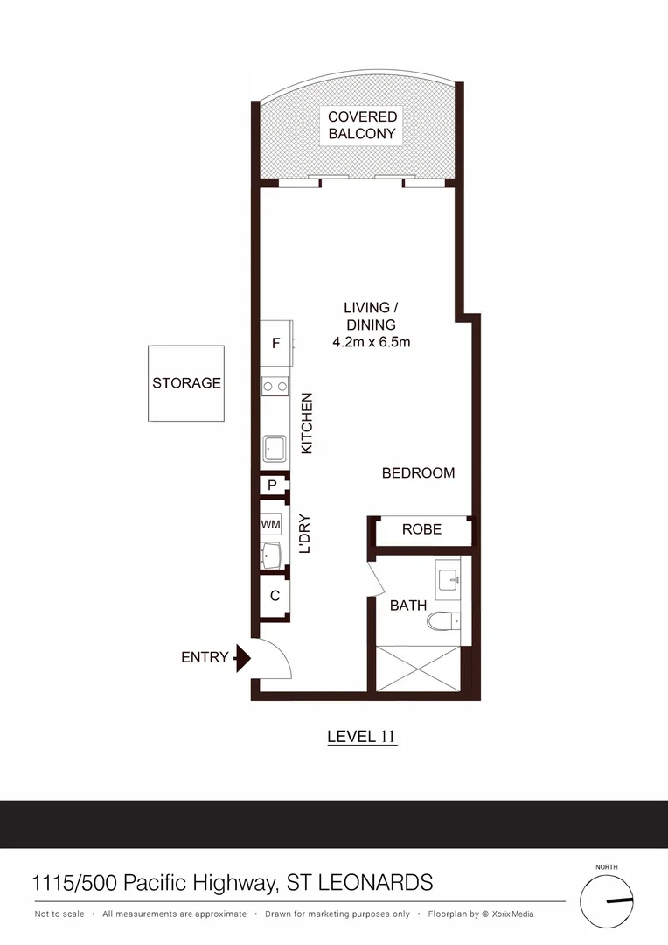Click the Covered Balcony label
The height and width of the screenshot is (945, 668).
click(362, 125)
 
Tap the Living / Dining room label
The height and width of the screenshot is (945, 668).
click(371, 316)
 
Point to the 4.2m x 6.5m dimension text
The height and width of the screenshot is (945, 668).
click(371, 342)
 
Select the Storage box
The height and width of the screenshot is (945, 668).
click(186, 383)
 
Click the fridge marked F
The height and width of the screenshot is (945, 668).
click(275, 344)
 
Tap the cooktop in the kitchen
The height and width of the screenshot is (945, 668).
click(275, 385)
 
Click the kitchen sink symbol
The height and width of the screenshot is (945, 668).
click(275, 449)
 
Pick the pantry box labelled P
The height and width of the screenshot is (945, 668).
click(273, 485)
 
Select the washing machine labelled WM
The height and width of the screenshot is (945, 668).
click(271, 524)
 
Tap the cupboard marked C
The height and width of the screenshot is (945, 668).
click(275, 596)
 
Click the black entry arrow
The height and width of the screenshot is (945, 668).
click(242, 658)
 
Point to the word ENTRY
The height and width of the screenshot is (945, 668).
click(205, 657)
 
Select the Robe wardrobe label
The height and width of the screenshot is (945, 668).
click(421, 529)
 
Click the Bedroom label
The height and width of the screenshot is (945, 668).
click(418, 473)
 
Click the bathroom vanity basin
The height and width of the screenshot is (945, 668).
click(449, 577)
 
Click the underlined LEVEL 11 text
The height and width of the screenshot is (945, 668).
click(362, 736)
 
